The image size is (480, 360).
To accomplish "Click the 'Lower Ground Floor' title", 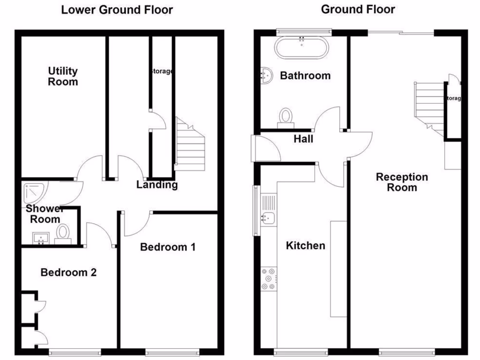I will [x=117, y=10].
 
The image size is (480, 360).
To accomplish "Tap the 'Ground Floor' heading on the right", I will [x=358, y=9].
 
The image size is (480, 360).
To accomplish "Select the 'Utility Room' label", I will [x=63, y=76].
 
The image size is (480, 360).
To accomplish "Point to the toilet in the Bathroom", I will [x=285, y=118].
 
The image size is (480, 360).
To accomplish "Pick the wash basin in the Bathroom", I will [x=266, y=75].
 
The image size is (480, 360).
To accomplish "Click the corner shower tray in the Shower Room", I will [x=34, y=192].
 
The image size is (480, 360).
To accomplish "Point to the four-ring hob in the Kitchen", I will [x=269, y=279].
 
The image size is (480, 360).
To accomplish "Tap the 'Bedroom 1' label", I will [x=168, y=247].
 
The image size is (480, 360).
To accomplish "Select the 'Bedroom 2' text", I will [x=68, y=272].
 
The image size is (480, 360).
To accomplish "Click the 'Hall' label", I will [x=303, y=139].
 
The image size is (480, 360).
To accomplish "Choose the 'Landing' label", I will [x=157, y=185].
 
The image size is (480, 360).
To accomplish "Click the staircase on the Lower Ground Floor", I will [x=190, y=145].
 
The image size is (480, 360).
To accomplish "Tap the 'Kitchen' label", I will [x=305, y=246].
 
